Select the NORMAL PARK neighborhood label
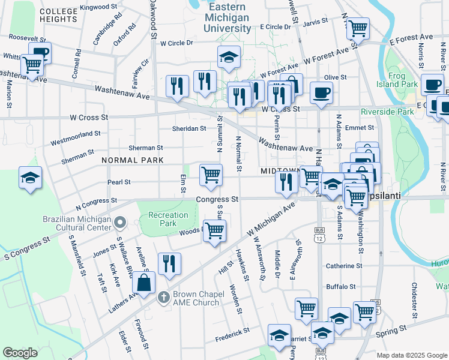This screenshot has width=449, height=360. point(133,160)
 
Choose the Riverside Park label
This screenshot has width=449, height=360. point(387,112)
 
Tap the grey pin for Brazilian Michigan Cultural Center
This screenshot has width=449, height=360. point(120,223)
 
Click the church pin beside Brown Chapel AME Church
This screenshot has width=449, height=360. point(163,296)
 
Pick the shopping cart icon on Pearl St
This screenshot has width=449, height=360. point(211,175)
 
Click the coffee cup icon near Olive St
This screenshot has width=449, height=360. point(321,92)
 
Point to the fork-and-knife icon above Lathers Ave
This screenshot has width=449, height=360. point(169,263)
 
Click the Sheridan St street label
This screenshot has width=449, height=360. point(189,128)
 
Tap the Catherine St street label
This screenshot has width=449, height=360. point(344,265)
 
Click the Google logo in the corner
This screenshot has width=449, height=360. point(20,353)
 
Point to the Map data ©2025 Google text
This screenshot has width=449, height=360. point(412,355)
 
